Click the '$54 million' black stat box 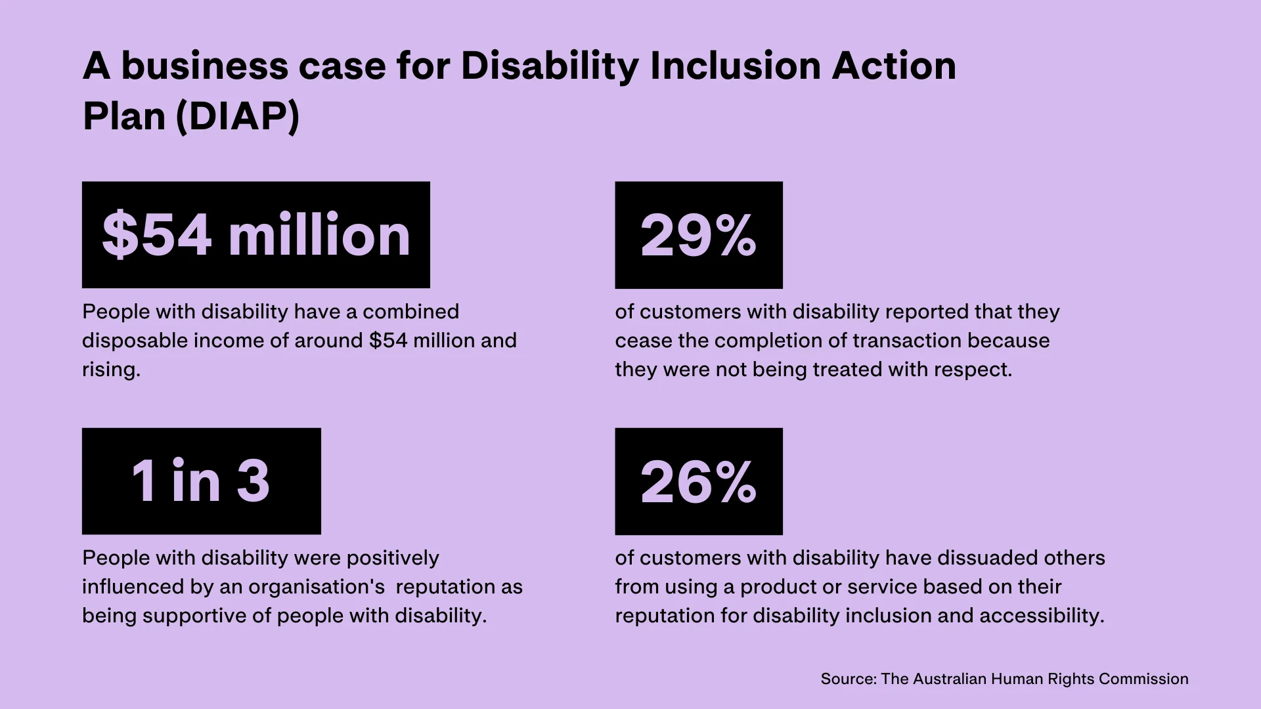coord(256,234)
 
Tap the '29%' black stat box coord(699,234)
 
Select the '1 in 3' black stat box coord(201,481)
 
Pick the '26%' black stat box coord(699,481)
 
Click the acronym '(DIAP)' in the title coord(238,117)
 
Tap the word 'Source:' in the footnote coord(849,679)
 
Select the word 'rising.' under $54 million coord(111,370)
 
